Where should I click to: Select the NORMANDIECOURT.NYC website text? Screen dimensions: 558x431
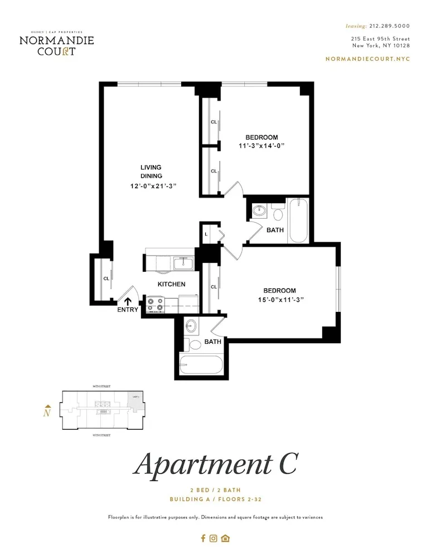tap(367, 59)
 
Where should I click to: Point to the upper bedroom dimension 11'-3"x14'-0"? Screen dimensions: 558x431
tap(261, 146)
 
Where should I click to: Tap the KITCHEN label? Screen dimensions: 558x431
tap(171, 284)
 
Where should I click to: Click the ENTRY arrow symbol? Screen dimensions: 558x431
tap(128, 302)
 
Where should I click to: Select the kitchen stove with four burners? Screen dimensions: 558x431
tap(156, 304)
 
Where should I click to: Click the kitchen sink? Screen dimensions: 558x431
tap(183, 262)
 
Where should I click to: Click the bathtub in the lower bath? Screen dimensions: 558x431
tap(201, 366)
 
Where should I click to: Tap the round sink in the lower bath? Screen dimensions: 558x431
tap(190, 326)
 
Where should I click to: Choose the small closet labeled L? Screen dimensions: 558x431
tap(206, 234)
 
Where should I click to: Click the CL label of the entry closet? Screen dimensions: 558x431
tap(105, 278)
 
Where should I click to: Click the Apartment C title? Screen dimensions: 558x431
tap(215, 464)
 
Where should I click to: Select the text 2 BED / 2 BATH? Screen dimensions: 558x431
tap(215, 490)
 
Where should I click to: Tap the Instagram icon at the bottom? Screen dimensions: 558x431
tap(214, 538)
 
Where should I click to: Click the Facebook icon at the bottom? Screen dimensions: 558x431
tap(204, 538)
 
